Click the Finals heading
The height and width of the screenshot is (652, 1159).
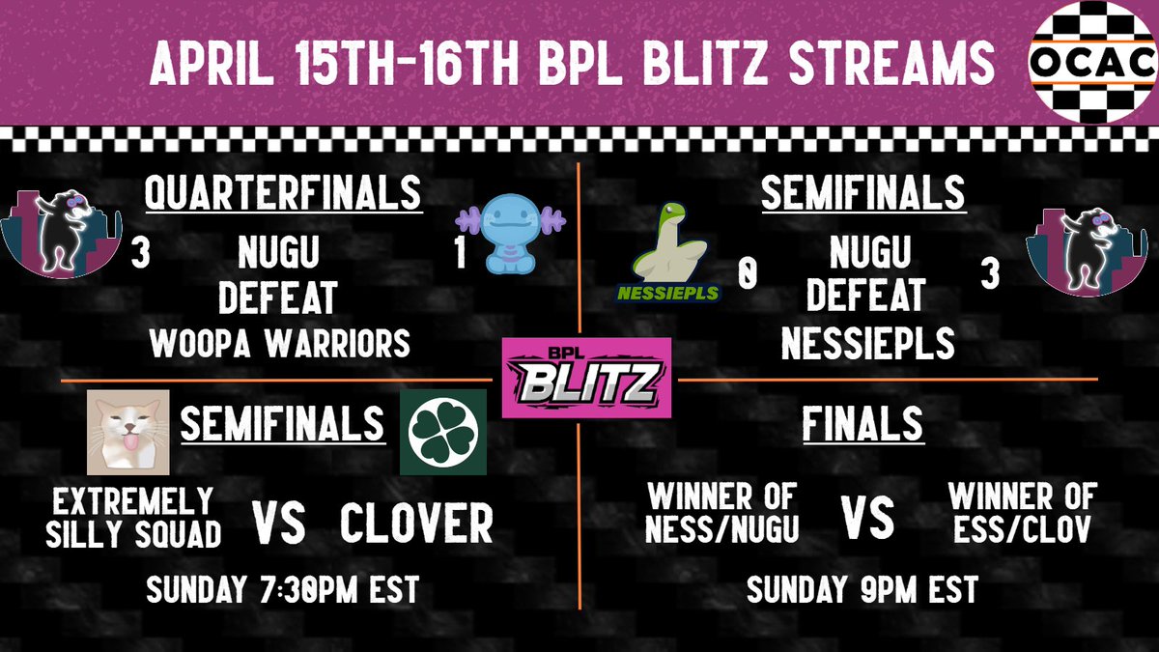click(x=862, y=425)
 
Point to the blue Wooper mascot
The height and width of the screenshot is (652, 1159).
click(x=508, y=236)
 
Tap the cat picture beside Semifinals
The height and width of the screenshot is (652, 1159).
click(x=128, y=432)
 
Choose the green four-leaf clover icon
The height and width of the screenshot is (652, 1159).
click(x=443, y=432)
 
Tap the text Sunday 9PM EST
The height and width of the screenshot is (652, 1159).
click(x=862, y=589)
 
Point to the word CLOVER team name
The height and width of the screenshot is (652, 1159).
click(x=416, y=524)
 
